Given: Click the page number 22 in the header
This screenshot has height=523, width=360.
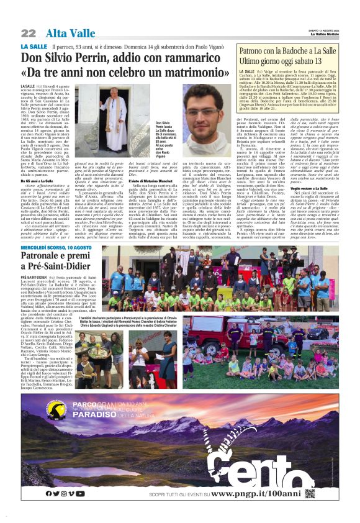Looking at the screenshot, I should tap(28, 33).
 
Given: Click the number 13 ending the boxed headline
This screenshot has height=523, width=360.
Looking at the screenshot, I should tap(334, 63).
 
